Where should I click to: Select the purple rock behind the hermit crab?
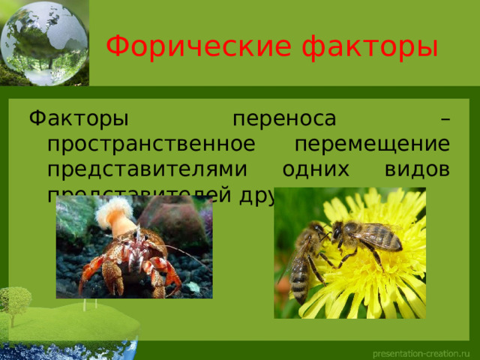click(x=187, y=221)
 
